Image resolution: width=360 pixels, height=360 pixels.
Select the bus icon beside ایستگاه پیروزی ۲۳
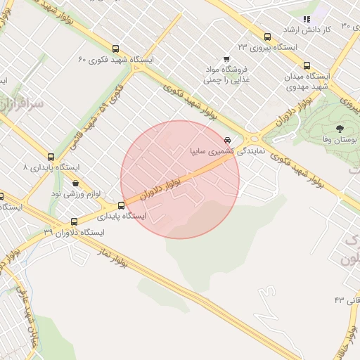[x=267, y=37]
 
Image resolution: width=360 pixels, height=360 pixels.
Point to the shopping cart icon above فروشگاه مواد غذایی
[x=226, y=59]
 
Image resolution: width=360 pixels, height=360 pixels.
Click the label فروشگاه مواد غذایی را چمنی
[x=227, y=75]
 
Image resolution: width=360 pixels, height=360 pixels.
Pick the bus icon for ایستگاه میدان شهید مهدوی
[x=306, y=65]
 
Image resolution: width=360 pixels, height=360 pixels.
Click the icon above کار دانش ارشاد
[x=306, y=19]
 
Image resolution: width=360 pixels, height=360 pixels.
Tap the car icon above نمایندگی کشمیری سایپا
[x=226, y=139]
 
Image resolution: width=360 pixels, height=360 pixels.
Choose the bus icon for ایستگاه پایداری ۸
[x=50, y=157]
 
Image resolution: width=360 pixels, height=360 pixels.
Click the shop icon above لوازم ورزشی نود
[x=75, y=182]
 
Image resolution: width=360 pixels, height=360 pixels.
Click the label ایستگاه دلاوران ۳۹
[x=74, y=232]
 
